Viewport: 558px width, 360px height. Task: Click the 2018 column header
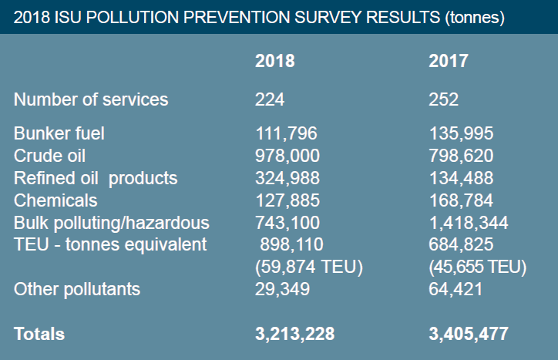click(x=274, y=61)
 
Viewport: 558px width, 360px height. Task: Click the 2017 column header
click(x=448, y=61)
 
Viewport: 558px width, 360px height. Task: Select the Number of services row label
click(x=91, y=99)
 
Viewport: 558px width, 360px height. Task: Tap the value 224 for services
click(x=270, y=99)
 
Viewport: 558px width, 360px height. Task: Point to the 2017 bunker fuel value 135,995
click(x=461, y=134)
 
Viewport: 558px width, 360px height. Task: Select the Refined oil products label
click(x=96, y=179)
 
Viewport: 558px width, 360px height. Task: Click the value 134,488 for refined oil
click(x=461, y=179)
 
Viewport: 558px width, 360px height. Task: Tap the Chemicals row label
click(x=56, y=200)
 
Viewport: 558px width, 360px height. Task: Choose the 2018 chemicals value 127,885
click(x=287, y=200)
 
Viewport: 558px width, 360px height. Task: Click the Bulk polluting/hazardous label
click(x=112, y=224)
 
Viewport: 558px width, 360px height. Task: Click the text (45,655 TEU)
click(x=477, y=267)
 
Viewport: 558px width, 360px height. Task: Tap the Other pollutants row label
click(x=77, y=289)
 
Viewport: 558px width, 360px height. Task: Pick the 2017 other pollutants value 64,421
click(x=455, y=289)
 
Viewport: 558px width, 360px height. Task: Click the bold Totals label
click(x=39, y=335)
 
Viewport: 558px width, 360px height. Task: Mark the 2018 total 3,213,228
click(x=294, y=335)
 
